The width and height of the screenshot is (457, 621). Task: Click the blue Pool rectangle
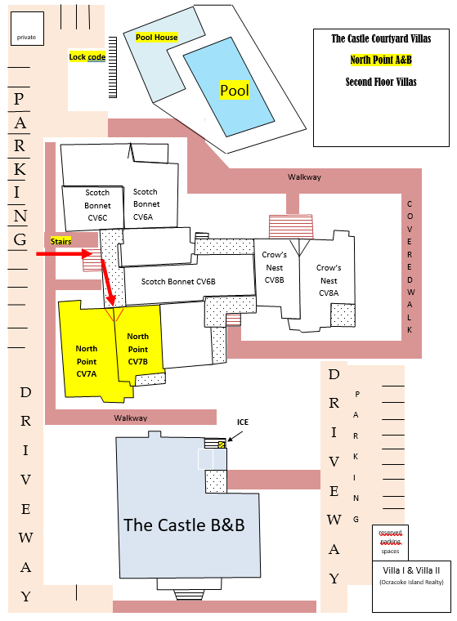click(229, 87)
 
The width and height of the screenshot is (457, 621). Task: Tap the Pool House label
click(157, 38)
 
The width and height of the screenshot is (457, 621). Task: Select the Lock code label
click(87, 56)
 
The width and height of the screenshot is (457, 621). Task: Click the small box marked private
click(27, 28)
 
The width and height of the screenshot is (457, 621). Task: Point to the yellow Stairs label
click(61, 241)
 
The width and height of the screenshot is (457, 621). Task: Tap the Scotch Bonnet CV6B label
click(178, 282)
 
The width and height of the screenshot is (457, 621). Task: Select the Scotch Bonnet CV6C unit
click(93, 208)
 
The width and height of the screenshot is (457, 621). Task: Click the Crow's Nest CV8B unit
click(276, 273)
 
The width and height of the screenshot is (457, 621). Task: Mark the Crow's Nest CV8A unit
click(327, 281)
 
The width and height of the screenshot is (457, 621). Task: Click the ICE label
click(243, 422)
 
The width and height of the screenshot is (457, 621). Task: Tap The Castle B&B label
click(184, 525)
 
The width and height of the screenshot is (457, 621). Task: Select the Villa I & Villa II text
click(411, 570)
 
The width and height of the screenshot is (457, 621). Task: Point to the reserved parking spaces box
click(390, 543)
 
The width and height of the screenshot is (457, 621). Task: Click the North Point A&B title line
click(381, 60)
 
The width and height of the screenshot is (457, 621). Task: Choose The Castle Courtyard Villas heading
click(381, 38)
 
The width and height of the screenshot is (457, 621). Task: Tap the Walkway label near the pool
click(304, 177)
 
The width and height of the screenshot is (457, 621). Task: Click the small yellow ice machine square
click(222, 445)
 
